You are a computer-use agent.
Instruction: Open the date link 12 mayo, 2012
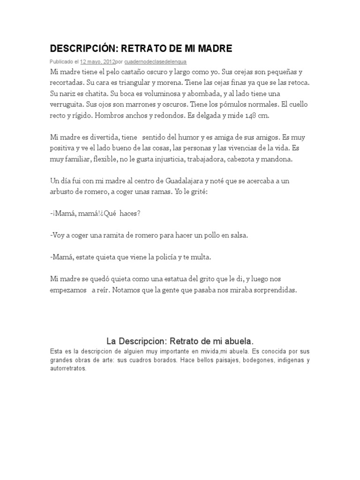coord(97,61)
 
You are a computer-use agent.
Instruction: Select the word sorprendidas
coord(274,290)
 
